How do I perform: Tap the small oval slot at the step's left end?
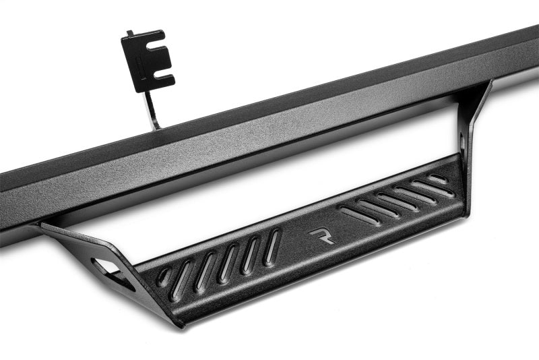click(x=164, y=276)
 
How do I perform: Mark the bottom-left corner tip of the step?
click(x=180, y=324)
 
